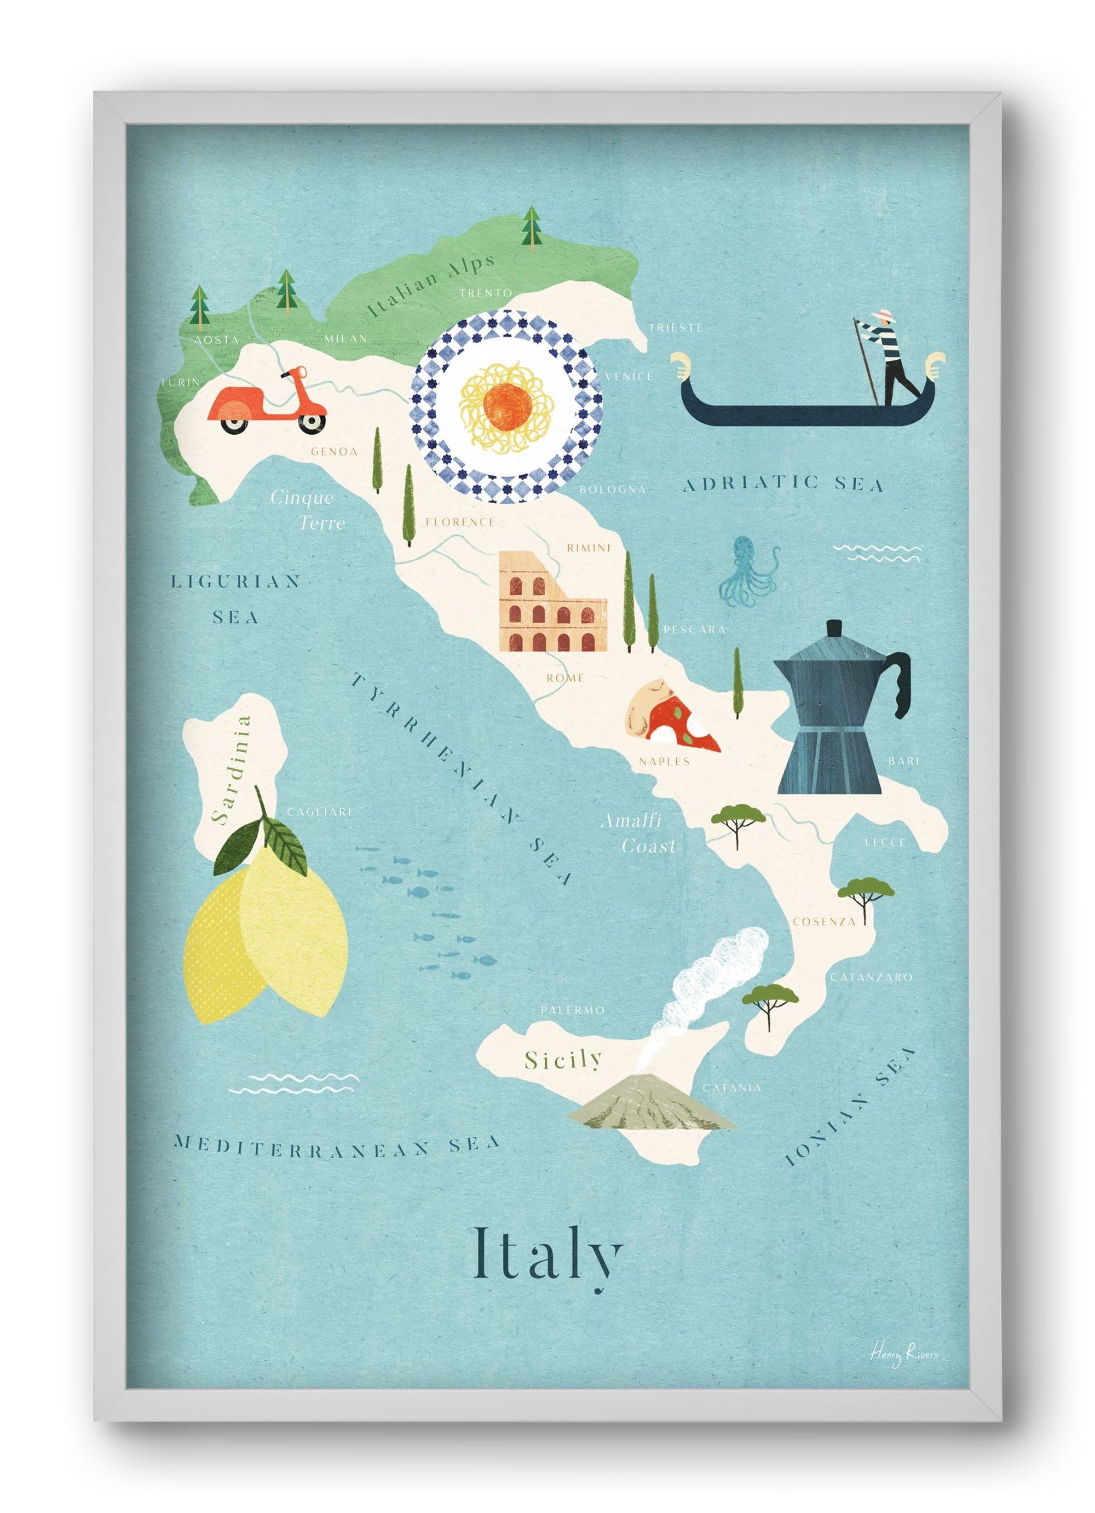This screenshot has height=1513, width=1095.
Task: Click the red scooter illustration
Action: pyautogui.click(x=267, y=404)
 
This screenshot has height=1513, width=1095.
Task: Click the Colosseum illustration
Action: pyautogui.click(x=552, y=602)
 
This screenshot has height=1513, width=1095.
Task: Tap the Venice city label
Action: pyautogui.click(x=629, y=376)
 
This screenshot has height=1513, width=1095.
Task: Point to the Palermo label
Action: pyautogui.click(x=572, y=1010)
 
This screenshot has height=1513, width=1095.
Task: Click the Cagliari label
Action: pyautogui.click(x=319, y=812)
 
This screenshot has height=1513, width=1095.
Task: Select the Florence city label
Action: pyautogui.click(x=460, y=522)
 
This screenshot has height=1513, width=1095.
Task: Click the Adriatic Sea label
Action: pyautogui.click(x=783, y=484)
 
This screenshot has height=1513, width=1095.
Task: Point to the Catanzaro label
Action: pyautogui.click(x=871, y=977)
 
